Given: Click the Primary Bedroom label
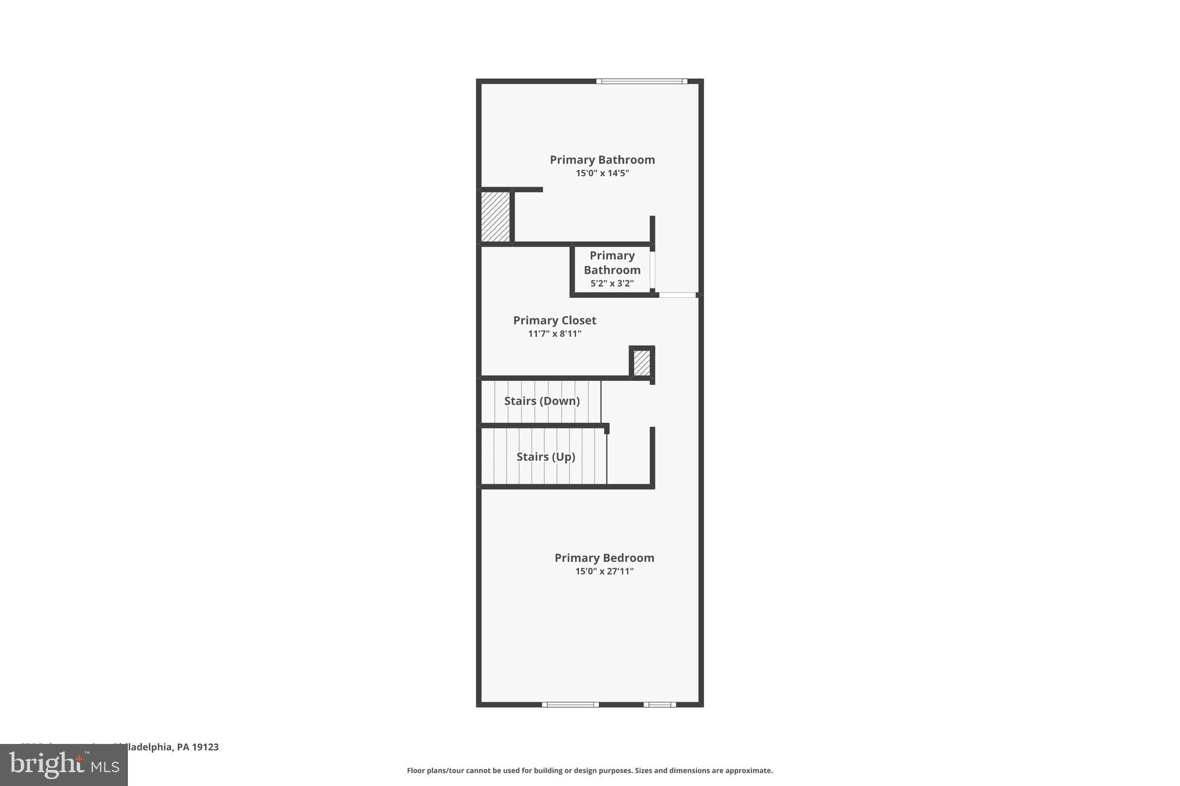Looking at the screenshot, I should pyautogui.click(x=604, y=557).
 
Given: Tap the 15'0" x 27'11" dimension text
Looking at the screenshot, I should pyautogui.click(x=604, y=571).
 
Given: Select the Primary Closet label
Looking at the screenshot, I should pyautogui.click(x=554, y=320).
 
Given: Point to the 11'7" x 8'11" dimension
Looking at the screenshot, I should pyautogui.click(x=554, y=333).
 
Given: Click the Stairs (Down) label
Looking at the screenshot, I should pyautogui.click(x=542, y=401).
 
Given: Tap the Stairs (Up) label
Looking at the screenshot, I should pyautogui.click(x=546, y=457).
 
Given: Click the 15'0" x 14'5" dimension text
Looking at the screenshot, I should pyautogui.click(x=602, y=173).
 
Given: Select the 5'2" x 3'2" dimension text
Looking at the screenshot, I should pyautogui.click(x=611, y=283).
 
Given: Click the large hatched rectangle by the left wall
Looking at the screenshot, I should pyautogui.click(x=496, y=217).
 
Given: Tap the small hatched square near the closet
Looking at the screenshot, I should pyautogui.click(x=641, y=363).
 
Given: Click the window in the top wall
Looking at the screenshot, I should pyautogui.click(x=641, y=81).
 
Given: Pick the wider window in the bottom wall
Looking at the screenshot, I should pyautogui.click(x=570, y=704).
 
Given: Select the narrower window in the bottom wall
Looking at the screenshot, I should pyautogui.click(x=660, y=704).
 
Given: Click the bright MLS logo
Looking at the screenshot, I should pyautogui.click(x=63, y=765).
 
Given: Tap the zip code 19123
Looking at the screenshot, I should pyautogui.click(x=206, y=747).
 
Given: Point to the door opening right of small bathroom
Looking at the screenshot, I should pyautogui.click(x=677, y=295).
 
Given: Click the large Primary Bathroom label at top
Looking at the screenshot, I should pyautogui.click(x=602, y=160).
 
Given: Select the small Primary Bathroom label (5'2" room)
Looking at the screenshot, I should pyautogui.click(x=612, y=263).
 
